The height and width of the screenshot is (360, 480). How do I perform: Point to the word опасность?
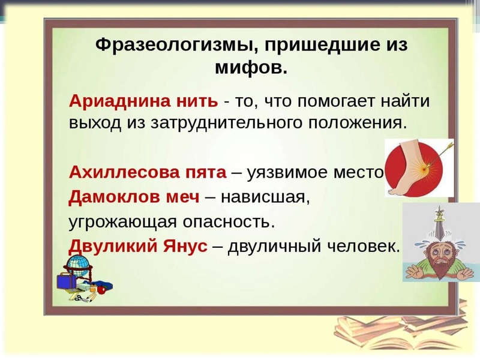tap(229, 221)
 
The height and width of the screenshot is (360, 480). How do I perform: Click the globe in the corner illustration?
tap(77, 265)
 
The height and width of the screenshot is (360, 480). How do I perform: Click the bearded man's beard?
tap(440, 267)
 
